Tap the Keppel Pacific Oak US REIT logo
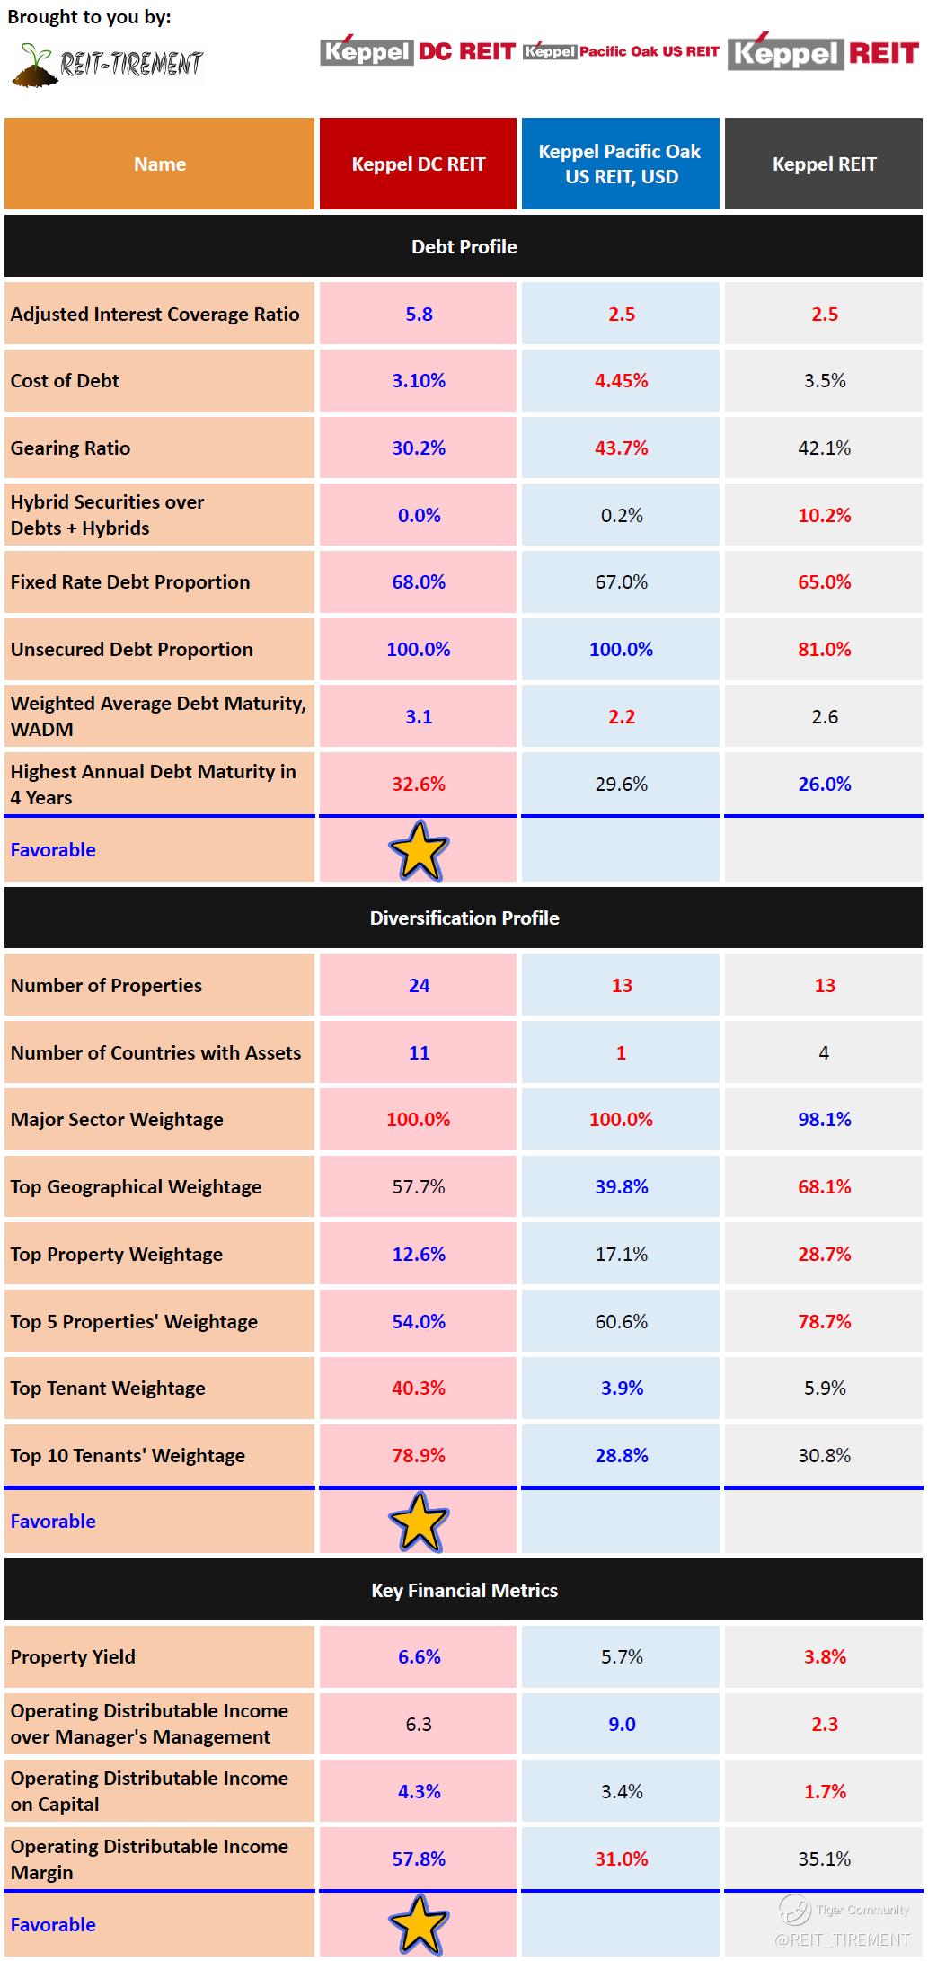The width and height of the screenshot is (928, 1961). (621, 52)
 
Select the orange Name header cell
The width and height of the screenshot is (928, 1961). (160, 164)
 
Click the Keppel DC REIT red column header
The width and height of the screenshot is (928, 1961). (418, 164)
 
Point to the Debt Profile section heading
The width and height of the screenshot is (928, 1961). (464, 246)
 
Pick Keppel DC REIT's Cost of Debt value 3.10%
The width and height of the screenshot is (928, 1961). (419, 380)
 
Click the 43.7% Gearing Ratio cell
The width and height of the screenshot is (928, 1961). (621, 448)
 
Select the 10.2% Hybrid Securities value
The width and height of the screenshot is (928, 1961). (824, 515)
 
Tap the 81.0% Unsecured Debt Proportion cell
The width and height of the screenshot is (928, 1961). (824, 649)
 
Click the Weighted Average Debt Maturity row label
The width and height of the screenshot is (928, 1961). (158, 716)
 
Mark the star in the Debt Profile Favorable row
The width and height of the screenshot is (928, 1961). (419, 850)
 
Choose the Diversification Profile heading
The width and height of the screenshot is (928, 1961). (464, 918)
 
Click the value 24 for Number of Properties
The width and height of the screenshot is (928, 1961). (419, 985)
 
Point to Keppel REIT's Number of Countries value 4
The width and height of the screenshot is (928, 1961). (824, 1052)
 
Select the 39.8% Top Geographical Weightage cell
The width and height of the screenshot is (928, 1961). (621, 1186)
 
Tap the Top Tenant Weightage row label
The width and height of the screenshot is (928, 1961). (108, 1388)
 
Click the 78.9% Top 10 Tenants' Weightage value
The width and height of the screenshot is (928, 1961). (419, 1455)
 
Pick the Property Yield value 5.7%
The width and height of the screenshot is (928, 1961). (621, 1656)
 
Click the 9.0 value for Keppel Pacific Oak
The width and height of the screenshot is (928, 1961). (621, 1724)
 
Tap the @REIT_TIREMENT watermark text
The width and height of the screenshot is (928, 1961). (842, 1939)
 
